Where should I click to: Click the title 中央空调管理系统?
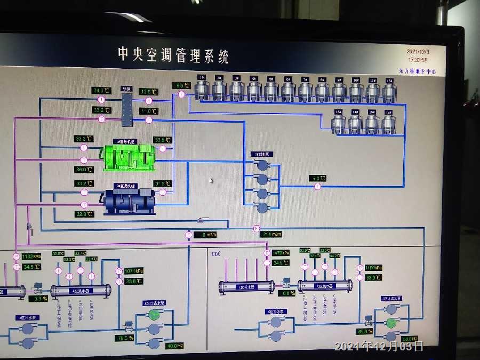coord(173,55)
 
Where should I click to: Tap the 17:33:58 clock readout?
coord(418,60)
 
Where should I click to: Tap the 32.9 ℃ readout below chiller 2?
coord(84,214)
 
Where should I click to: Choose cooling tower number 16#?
coord(388,123)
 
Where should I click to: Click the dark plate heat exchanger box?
coord(127,110)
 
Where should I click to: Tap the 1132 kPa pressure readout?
coord(31,257)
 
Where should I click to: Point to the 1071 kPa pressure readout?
coord(133,271)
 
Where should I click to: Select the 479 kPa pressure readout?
coord(281,253)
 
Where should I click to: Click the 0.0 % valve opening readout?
coord(288,293)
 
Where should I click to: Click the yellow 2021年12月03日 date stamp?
coord(379,346)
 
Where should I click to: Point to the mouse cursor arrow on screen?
coord(211,181)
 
